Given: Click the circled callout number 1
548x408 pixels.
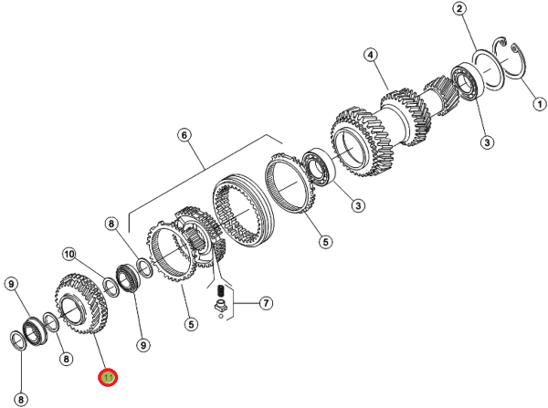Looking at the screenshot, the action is point(539,104).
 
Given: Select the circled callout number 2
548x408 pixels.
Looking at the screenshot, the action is point(459,9).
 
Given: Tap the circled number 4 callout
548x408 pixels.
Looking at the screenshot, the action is point(371,55).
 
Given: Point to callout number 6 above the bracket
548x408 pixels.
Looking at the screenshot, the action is point(184,135).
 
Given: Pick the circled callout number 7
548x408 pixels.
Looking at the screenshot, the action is point(266,302).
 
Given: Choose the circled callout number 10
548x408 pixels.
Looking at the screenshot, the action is point(69,254).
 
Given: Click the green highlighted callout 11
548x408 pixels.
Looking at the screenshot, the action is point(108,378).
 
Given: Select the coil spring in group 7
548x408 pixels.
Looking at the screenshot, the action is point(220,290).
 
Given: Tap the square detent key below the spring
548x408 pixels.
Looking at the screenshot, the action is point(220,306).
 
